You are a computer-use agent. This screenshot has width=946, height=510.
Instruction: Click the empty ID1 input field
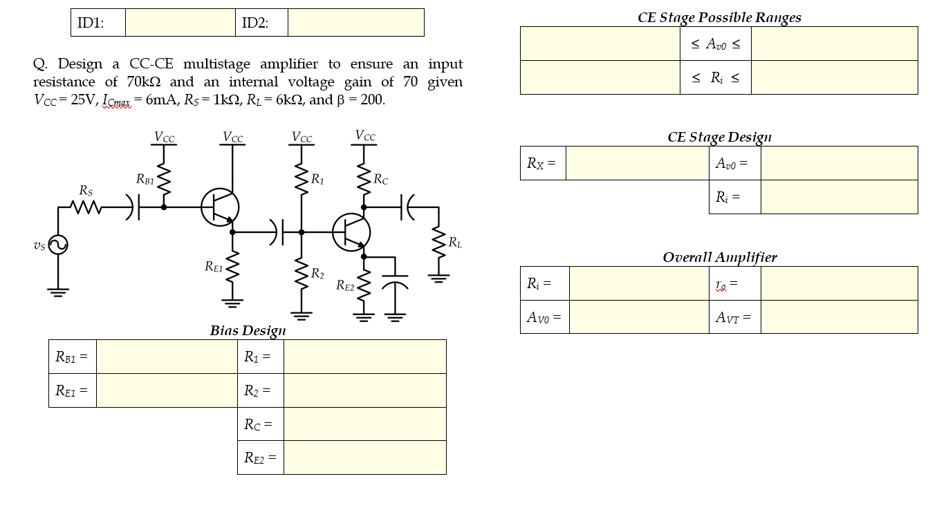click(180, 23)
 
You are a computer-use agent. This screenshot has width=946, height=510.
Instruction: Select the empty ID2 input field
click(355, 23)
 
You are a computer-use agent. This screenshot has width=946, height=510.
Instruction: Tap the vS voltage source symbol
click(58, 245)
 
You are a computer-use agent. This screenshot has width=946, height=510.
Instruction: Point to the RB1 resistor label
click(145, 180)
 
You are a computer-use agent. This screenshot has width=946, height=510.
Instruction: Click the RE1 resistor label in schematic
click(214, 266)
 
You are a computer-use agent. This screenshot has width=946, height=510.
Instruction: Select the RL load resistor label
click(455, 243)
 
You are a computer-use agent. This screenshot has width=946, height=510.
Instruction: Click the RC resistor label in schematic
click(381, 180)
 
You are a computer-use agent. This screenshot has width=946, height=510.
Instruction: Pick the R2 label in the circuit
click(317, 274)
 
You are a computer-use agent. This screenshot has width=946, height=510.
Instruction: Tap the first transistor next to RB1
click(220, 207)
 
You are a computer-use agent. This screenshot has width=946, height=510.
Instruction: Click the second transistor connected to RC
click(351, 232)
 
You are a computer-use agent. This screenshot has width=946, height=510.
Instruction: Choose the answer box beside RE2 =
click(364, 457)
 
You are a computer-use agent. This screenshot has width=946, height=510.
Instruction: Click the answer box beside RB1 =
click(166, 357)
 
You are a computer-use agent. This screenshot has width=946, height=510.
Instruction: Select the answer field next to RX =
click(636, 163)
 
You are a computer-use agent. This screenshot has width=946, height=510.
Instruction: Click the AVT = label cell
click(734, 317)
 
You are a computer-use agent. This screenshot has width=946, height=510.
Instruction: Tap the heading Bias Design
click(248, 331)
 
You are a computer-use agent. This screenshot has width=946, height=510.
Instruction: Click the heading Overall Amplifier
click(719, 257)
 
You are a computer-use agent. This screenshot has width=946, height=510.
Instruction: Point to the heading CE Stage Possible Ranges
click(719, 17)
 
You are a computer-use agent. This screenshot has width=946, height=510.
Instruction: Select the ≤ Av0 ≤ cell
click(715, 44)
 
